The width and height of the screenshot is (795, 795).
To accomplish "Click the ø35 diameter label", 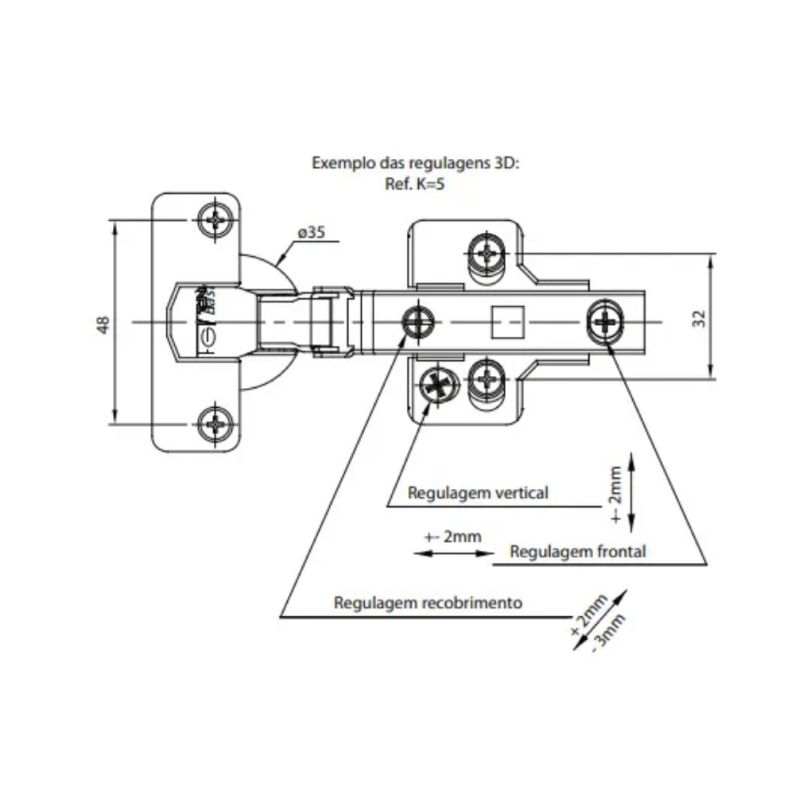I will pyautogui.click(x=311, y=233).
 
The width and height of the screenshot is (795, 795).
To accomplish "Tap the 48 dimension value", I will pyautogui.click(x=103, y=324).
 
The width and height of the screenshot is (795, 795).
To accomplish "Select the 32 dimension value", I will pyautogui.click(x=699, y=319).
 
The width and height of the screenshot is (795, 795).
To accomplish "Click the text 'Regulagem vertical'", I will pyautogui.click(x=478, y=493).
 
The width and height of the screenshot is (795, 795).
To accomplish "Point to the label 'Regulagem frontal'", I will pyautogui.click(x=577, y=551).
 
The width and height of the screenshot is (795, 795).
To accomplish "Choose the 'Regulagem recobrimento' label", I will pyautogui.click(x=429, y=603).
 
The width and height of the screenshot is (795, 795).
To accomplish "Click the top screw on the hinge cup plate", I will pyautogui.click(x=216, y=219).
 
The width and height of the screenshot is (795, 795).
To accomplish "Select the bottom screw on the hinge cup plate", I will pyautogui.click(x=216, y=421).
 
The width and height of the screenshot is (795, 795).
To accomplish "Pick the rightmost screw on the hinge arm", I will pyautogui.click(x=607, y=321).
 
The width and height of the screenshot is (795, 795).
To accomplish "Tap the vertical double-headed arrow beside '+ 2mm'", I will pyautogui.click(x=630, y=492).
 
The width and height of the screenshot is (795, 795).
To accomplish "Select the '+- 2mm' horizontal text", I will pyautogui.click(x=453, y=537).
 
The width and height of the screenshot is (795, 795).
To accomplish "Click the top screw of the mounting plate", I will pyautogui.click(x=487, y=253).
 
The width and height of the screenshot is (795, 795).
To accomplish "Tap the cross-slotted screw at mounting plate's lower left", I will pyautogui.click(x=436, y=386).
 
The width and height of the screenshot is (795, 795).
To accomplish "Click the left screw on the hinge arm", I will pyautogui.click(x=418, y=322).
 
